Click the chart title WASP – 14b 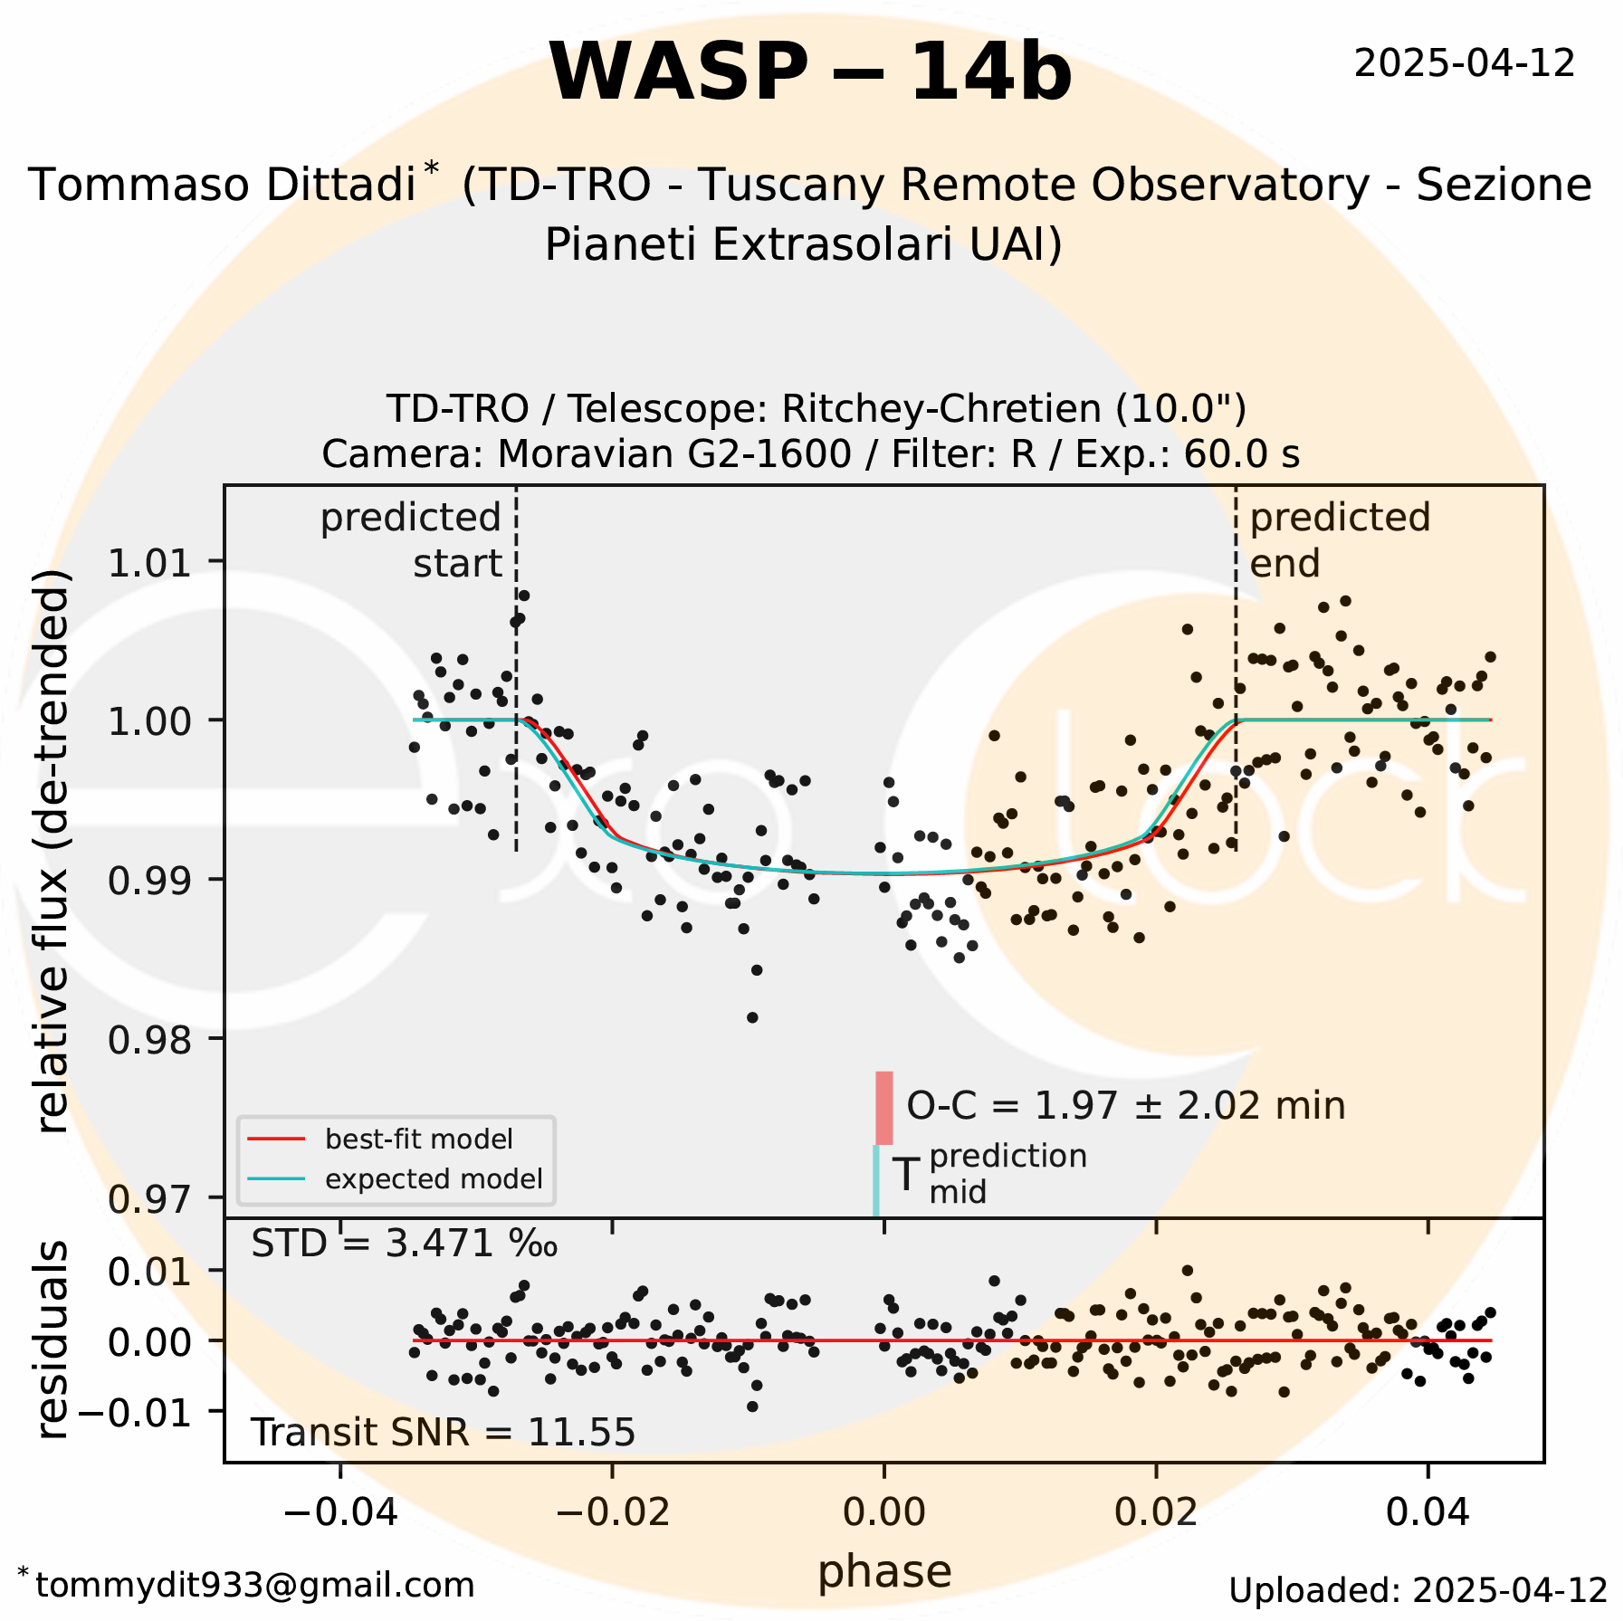810,72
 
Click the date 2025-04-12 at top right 1464,63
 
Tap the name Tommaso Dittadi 222,186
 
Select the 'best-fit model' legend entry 418,1139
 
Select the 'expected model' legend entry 433,1179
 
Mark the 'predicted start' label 412,540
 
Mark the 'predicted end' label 1339,540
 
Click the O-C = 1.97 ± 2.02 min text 1125,1106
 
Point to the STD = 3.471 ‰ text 404,1244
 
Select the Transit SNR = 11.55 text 443,1433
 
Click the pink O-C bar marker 883,1108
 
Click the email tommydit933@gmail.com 254,1585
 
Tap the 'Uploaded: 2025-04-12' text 1418,1590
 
